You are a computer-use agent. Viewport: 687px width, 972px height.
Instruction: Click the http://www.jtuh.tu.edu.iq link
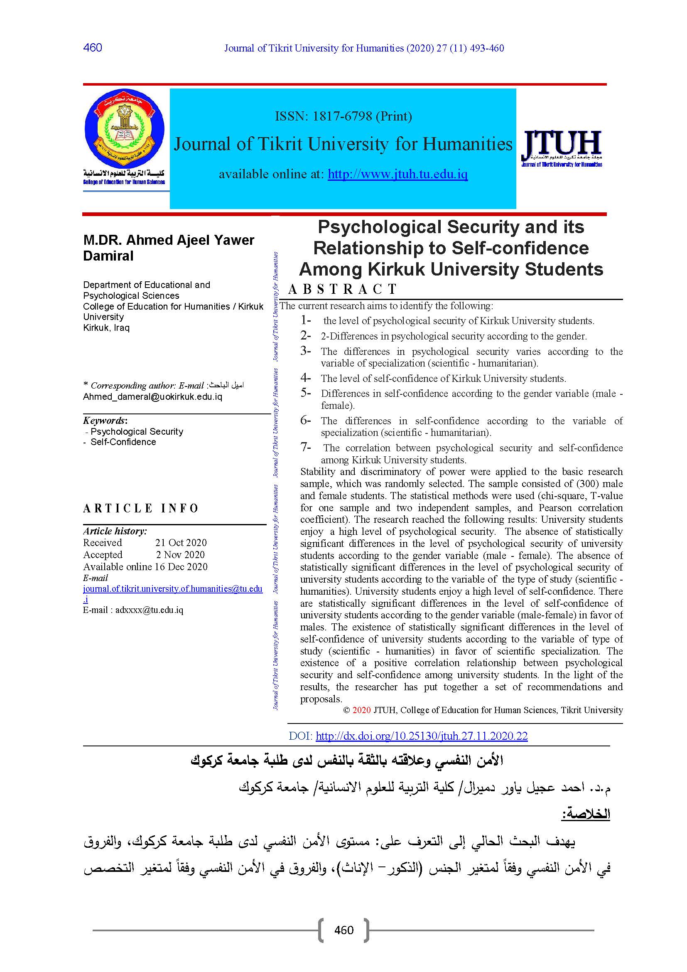[x=397, y=174]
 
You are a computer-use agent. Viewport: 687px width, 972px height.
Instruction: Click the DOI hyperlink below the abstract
[x=421, y=736]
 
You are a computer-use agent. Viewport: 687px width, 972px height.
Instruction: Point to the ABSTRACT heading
[x=342, y=289]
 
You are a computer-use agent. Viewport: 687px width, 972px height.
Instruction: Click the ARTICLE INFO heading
[x=141, y=508]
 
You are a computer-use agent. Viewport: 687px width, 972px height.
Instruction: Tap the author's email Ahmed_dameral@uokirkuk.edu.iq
[x=152, y=397]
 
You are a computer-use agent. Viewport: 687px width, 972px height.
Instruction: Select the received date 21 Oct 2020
[x=181, y=543]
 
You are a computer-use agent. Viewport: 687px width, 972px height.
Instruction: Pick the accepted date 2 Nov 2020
[x=180, y=555]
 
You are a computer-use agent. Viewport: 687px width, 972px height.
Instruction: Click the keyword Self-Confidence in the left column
[x=123, y=442]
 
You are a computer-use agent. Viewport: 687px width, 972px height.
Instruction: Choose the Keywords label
[x=105, y=421]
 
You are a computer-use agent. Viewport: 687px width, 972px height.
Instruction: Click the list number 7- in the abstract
[x=305, y=447]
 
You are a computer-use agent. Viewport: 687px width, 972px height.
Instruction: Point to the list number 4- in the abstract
[x=305, y=378]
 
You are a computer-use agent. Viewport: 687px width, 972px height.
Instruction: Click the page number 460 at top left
[x=93, y=47]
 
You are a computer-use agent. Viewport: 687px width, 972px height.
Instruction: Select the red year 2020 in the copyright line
[x=361, y=710]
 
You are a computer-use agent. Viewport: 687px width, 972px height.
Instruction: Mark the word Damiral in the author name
[x=108, y=256]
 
